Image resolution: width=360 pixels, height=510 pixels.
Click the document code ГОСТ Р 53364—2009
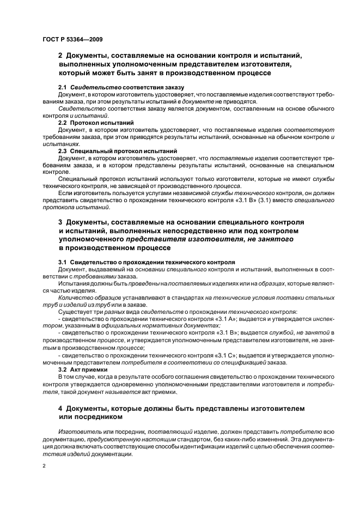coord(72,40)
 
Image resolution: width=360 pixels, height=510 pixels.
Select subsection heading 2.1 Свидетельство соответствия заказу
coord(121,87)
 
